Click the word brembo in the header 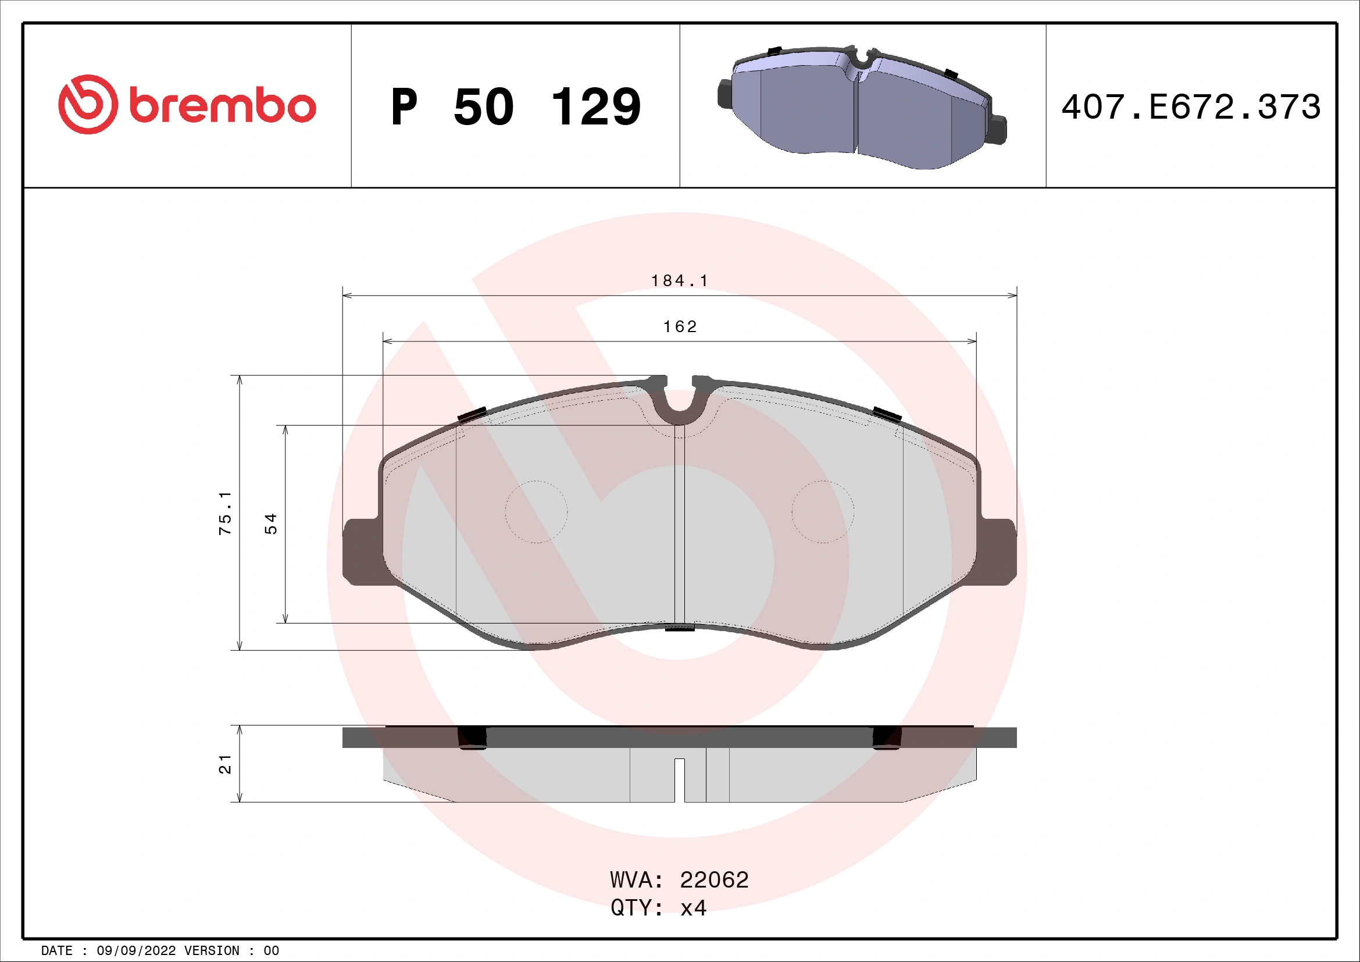(222, 106)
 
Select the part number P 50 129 (515, 107)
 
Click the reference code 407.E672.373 (1191, 107)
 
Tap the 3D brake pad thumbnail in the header (862, 106)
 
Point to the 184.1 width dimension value (679, 281)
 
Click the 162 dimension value (679, 326)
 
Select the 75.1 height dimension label (226, 513)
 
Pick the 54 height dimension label (271, 523)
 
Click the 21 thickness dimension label (226, 764)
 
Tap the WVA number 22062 (714, 880)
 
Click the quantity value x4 (693, 908)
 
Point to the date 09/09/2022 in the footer (135, 951)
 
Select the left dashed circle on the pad (536, 512)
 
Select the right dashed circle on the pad (823, 512)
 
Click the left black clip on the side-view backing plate (472, 737)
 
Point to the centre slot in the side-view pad (679, 779)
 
